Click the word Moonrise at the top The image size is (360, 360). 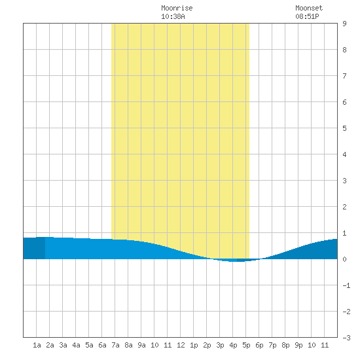click(177, 8)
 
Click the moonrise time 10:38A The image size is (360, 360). click(173, 16)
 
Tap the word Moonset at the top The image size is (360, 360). click(309, 8)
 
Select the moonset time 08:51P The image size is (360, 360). click(307, 16)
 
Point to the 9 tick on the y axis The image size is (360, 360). click(344, 24)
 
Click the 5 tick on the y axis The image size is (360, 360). click(344, 128)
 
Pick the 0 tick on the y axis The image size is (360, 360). click(344, 259)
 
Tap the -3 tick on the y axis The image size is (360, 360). click(346, 338)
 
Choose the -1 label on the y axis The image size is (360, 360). click(346, 285)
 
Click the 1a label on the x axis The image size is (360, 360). click(37, 345)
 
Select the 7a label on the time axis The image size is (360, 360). click(115, 345)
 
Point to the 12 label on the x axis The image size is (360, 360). click(181, 345)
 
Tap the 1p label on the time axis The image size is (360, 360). click(194, 345)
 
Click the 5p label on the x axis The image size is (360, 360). click(246, 345)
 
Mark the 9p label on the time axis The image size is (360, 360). click(298, 345)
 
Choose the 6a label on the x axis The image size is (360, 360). click(102, 345)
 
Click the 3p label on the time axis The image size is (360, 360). click(220, 345)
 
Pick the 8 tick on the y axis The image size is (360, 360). click(344, 50)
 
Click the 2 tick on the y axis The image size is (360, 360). click(344, 207)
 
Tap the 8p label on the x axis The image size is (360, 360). click(285, 345)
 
